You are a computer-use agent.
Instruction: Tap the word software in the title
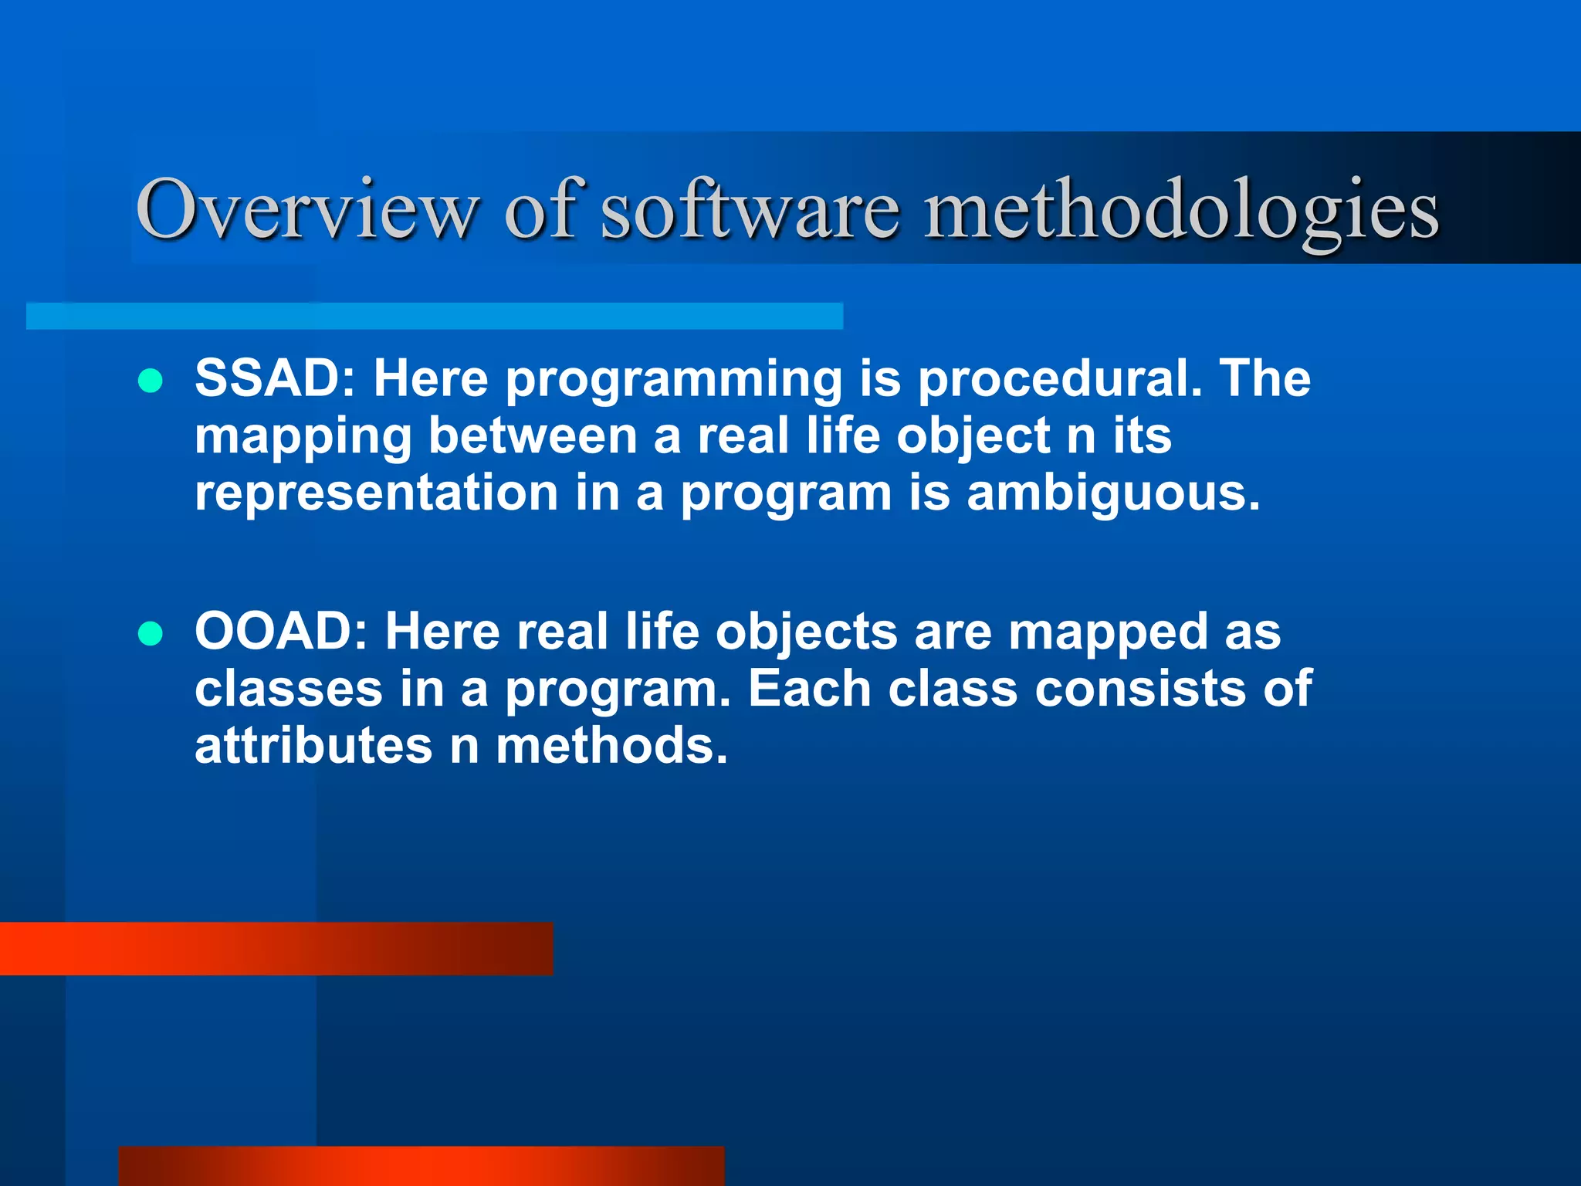750,210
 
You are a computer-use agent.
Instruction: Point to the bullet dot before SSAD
150,381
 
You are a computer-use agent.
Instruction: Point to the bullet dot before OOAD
150,634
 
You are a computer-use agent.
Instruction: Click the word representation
376,493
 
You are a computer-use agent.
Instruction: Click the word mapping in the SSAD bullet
303,438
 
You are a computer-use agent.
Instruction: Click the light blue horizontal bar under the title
434,316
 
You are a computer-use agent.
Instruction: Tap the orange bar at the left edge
276,948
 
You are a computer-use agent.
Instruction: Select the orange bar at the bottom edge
421,1166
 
